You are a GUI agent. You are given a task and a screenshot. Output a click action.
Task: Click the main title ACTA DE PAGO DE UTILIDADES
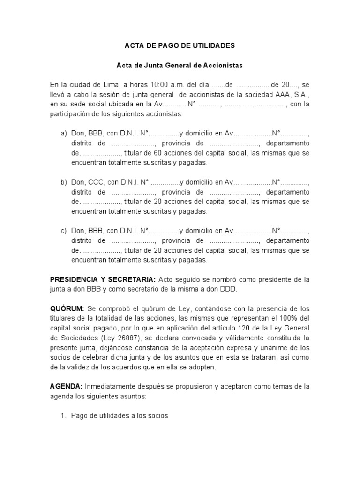180,46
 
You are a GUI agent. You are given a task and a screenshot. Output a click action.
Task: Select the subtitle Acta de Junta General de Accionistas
180,66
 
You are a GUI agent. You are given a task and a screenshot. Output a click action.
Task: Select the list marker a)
64,134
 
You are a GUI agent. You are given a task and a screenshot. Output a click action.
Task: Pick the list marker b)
64,182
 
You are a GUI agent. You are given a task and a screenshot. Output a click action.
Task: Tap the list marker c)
64,231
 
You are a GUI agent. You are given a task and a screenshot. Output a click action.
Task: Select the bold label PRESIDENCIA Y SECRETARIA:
103,279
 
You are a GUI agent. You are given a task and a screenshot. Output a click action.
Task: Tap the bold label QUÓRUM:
67,308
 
